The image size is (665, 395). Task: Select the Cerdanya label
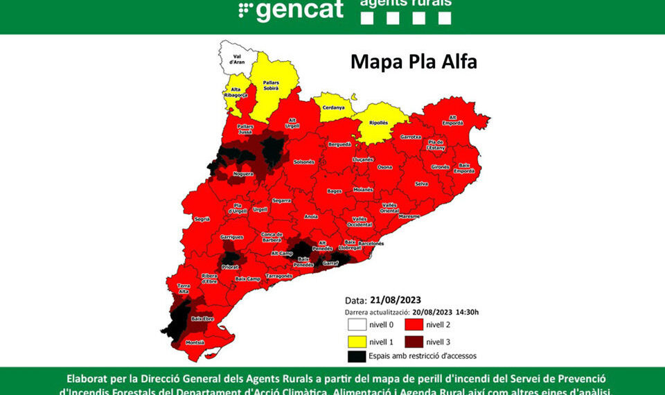tap(333, 107)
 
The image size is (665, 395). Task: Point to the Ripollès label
tap(378, 123)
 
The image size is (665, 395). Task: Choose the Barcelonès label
tap(371, 244)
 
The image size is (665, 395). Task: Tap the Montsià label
tap(195, 342)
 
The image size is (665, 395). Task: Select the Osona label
tap(384, 167)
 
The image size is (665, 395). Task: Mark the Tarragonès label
tap(279, 275)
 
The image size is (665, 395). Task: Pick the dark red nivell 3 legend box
tap(414, 340)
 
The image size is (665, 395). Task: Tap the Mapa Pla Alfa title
tap(414, 62)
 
